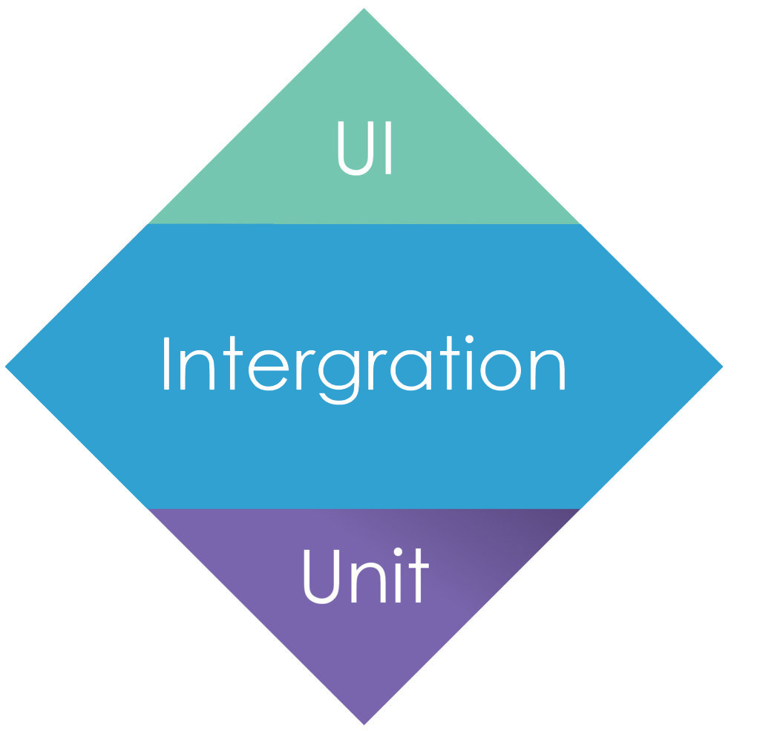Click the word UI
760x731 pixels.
tap(364, 148)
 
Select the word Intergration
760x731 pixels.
tap(364, 370)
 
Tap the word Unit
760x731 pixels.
tap(367, 576)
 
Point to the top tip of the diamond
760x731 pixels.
tap(364, 8)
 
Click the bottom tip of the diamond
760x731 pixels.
tap(364, 725)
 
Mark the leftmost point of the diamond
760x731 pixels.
tap(5, 367)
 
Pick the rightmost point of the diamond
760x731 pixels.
tap(723, 367)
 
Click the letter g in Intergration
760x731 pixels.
tap(338, 377)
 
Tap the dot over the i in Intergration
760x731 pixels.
tap(469, 339)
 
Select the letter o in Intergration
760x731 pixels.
tap(500, 370)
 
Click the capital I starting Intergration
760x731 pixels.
tap(166, 364)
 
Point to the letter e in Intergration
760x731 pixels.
tap(269, 370)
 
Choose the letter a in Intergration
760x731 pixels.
tap(411, 370)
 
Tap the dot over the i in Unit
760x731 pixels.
tap(398, 551)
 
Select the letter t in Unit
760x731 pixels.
tap(419, 575)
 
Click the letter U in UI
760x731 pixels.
tap(356, 148)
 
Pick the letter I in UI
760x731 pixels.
tap(388, 148)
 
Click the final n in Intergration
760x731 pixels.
tap(548, 370)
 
